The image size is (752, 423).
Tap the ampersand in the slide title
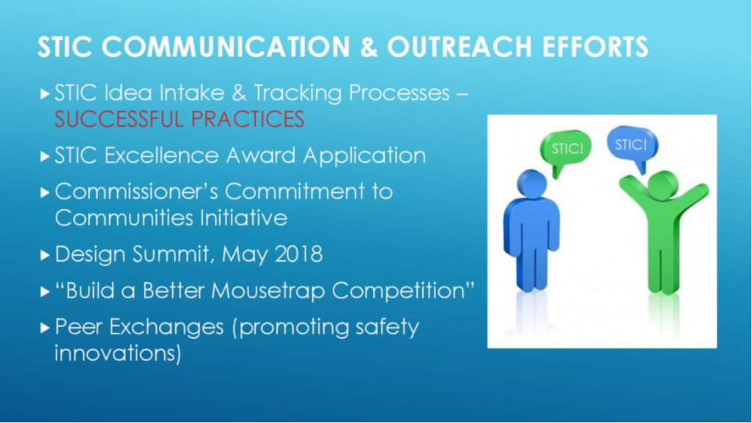[369, 47]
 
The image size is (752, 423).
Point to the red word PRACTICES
[248, 119]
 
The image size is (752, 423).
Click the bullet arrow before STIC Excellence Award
[45, 156]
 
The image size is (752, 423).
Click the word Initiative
[243, 218]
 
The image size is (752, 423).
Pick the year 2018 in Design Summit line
[299, 254]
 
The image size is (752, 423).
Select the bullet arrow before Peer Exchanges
[45, 328]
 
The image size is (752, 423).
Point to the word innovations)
[118, 353]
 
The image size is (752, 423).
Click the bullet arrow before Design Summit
[45, 255]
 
